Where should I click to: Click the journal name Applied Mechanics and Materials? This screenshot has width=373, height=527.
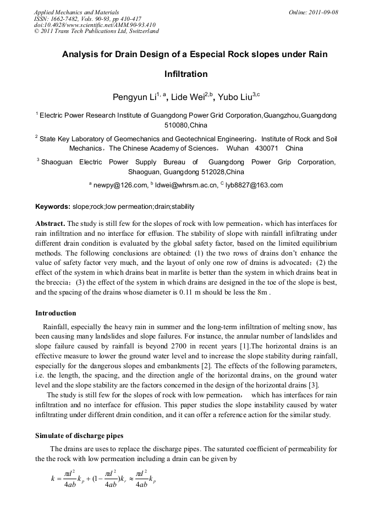(76, 12)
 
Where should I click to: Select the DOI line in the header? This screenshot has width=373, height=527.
(95, 25)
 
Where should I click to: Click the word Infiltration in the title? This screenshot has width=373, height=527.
(186, 74)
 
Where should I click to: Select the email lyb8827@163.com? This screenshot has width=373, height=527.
(254, 185)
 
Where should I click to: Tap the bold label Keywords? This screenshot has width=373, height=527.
(53, 207)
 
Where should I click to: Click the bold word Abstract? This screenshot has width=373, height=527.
(50, 224)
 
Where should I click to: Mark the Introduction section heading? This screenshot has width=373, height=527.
(56, 313)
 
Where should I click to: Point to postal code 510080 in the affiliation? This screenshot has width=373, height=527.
(176, 125)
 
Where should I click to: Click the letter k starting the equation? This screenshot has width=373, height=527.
(53, 479)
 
